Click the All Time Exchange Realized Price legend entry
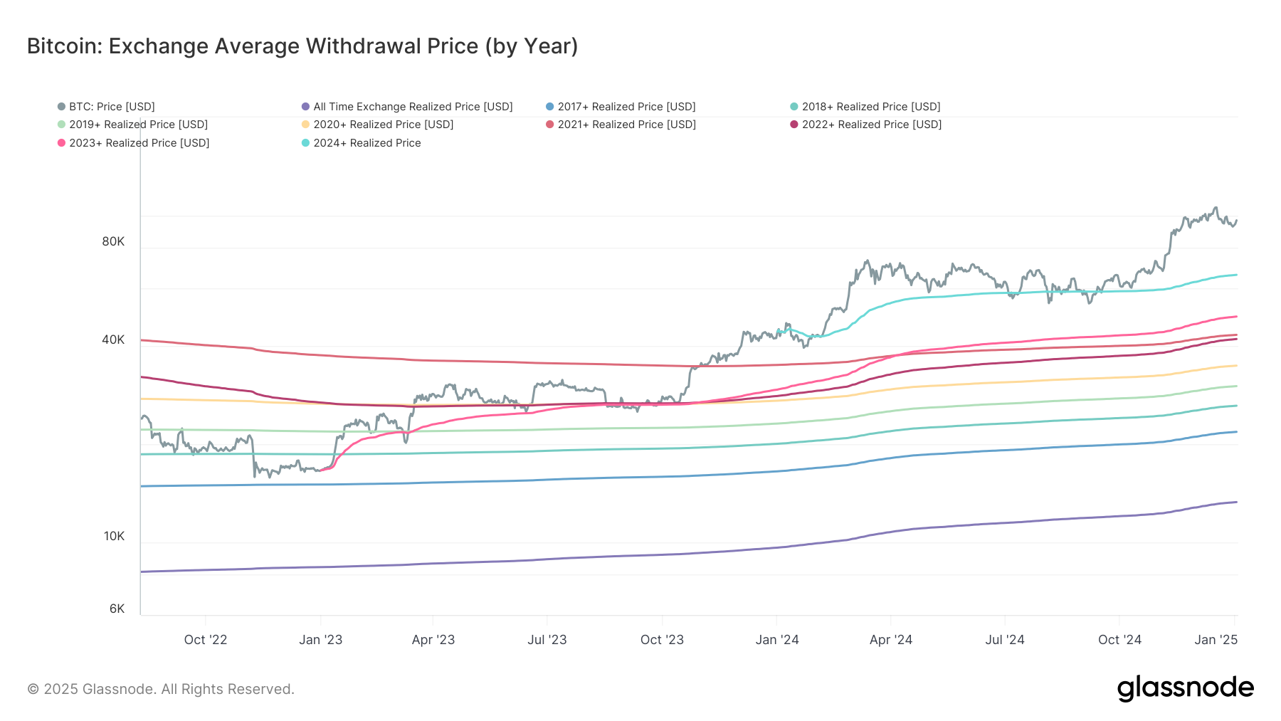pyautogui.click(x=412, y=107)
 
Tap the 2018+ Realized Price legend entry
pyautogui.click(x=870, y=107)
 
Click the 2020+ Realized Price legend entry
pyautogui.click(x=383, y=125)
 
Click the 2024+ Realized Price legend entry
pyautogui.click(x=367, y=143)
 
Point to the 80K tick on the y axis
pyautogui.click(x=113, y=242)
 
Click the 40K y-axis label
pyautogui.click(x=113, y=340)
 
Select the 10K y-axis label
pyautogui.click(x=114, y=537)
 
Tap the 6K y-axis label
pyautogui.click(x=117, y=609)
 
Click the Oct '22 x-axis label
pyautogui.click(x=206, y=640)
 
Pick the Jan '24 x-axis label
pyautogui.click(x=777, y=640)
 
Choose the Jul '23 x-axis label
pyautogui.click(x=547, y=640)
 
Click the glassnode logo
pyautogui.click(x=1185, y=688)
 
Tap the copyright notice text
pyautogui.click(x=161, y=689)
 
